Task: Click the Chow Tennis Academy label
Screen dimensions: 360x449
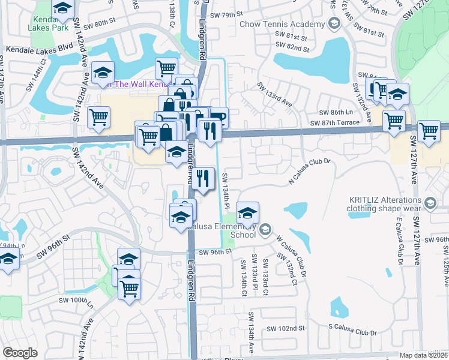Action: [x=282, y=25]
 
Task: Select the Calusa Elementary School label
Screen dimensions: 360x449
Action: [x=222, y=230]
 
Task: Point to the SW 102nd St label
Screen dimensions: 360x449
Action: [x=286, y=328]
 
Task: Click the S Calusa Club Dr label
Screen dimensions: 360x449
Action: [x=352, y=332]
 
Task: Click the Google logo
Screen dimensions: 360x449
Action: [x=20, y=353]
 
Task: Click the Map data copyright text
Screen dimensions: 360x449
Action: [x=424, y=355]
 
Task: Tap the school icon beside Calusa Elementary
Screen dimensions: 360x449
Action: [x=247, y=212]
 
